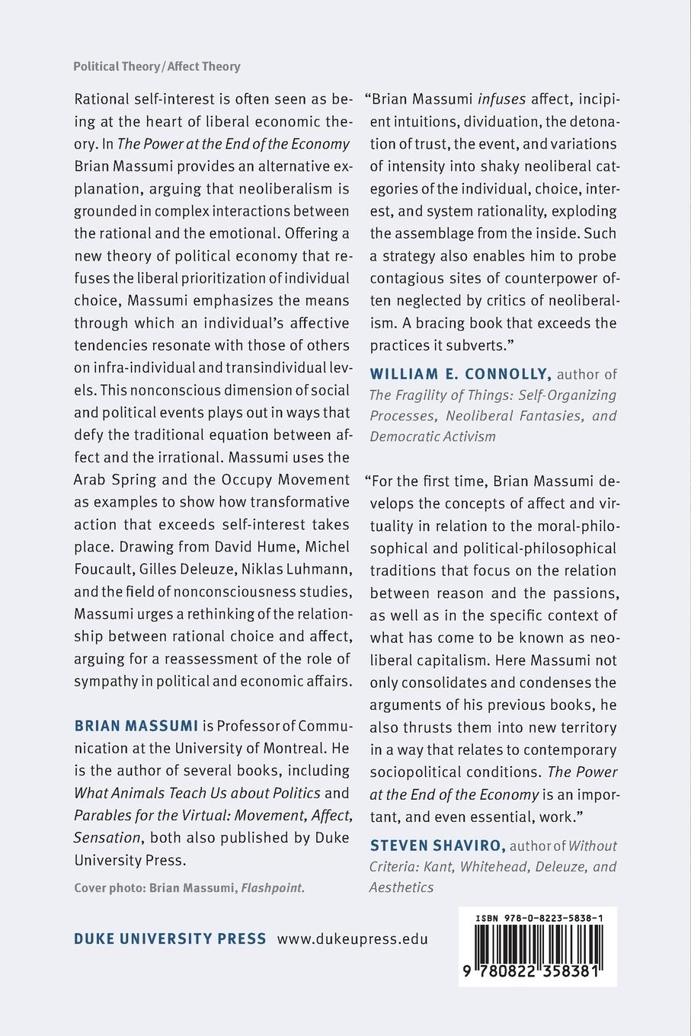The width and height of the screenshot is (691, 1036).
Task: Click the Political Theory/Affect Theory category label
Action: [156, 66]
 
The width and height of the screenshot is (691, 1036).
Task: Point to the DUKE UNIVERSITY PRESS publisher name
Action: [170, 938]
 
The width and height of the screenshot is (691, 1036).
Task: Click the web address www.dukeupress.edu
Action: [352, 938]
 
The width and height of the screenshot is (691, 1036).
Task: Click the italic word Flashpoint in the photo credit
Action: [273, 887]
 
